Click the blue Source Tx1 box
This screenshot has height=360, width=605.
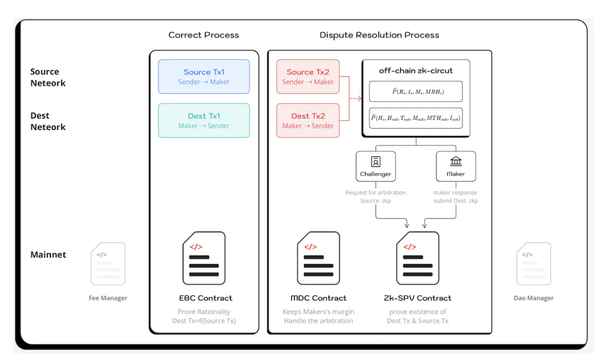tap(204, 77)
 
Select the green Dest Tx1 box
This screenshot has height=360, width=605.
tap(204, 121)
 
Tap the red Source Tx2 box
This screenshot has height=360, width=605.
tap(308, 77)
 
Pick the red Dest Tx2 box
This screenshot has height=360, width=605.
tap(308, 121)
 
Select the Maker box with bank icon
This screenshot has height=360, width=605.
tap(456, 166)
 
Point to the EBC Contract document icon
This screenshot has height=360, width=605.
tap(204, 258)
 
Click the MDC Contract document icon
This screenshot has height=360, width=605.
tap(318, 258)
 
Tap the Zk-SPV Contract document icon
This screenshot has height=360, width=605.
tap(417, 258)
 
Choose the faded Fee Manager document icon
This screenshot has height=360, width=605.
tap(108, 263)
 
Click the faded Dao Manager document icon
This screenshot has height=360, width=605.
tap(533, 263)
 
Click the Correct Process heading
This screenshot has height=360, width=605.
tap(204, 35)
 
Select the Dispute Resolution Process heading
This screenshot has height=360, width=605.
tap(379, 35)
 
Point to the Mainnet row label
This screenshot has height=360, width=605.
tap(48, 255)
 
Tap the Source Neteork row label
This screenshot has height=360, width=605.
tap(48, 77)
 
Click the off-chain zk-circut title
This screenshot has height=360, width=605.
tap(416, 71)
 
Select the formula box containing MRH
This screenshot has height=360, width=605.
tap(416, 92)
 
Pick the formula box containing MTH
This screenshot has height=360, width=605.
tap(416, 118)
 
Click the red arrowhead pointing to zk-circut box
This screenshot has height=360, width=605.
tap(359, 98)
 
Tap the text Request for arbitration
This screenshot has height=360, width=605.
tap(376, 193)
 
